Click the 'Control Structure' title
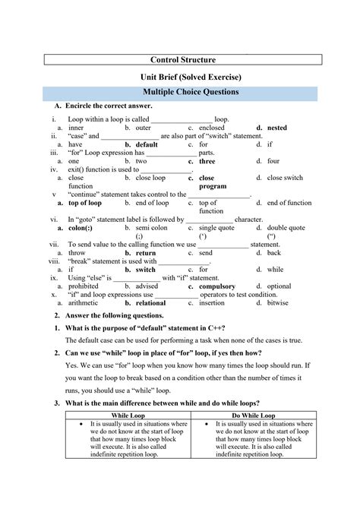tap(183, 59)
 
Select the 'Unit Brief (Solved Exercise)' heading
tap(183, 77)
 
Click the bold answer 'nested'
tap(277, 128)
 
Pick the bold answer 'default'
tap(147, 144)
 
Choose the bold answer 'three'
tap(207, 161)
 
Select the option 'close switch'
tap(285, 178)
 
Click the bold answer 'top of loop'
tap(84, 203)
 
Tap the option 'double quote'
tap(286, 227)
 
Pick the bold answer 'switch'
tap(145, 270)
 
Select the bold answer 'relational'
tap(150, 303)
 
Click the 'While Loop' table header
tap(128, 416)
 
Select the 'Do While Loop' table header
tap(253, 416)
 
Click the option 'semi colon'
tap(151, 227)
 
